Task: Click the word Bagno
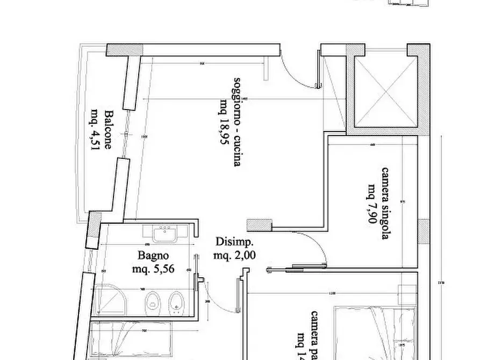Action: (x=153, y=256)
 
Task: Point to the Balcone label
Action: (x=109, y=129)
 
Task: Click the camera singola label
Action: (x=385, y=203)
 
